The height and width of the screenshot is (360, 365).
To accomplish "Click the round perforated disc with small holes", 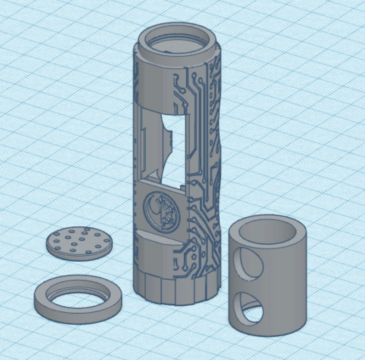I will pyautogui.click(x=79, y=242).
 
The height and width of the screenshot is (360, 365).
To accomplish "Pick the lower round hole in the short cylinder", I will pyautogui.click(x=248, y=308).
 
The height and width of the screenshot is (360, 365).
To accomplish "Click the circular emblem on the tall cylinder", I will pyautogui.click(x=158, y=209).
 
